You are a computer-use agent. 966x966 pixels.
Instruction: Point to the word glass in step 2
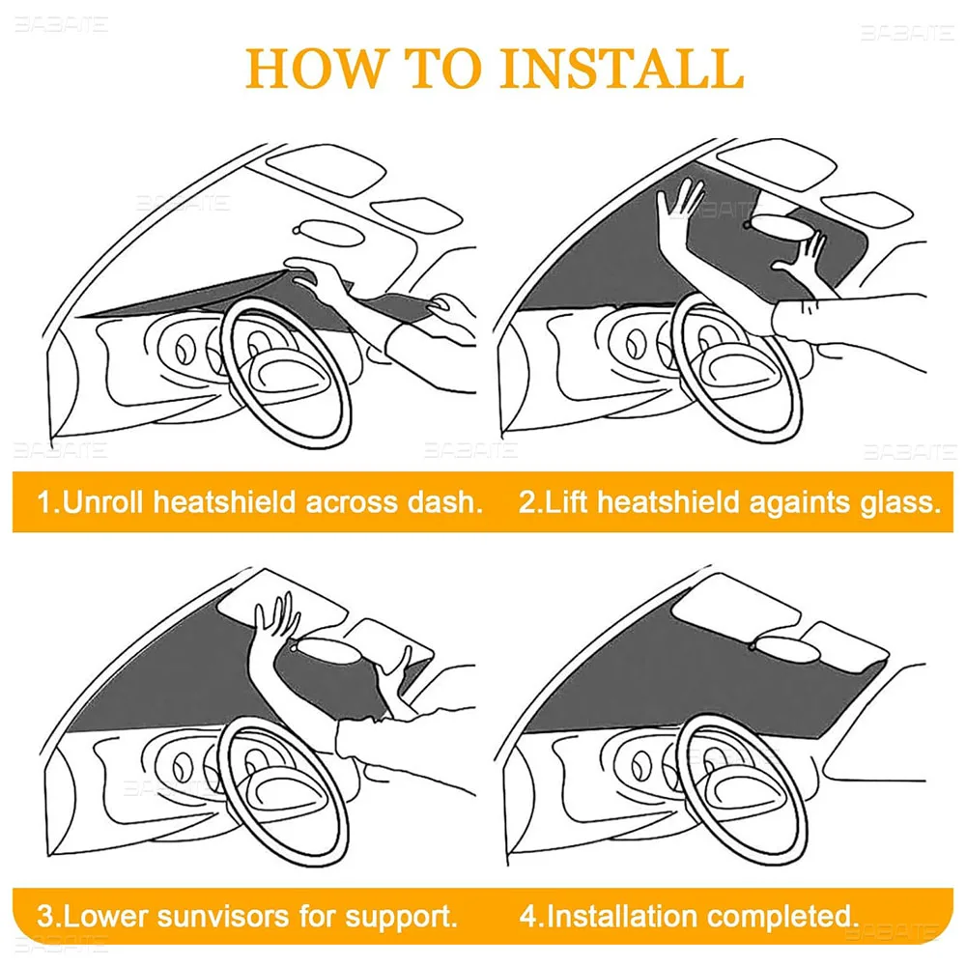(897, 502)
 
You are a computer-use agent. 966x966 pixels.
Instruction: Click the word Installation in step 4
(630, 914)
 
